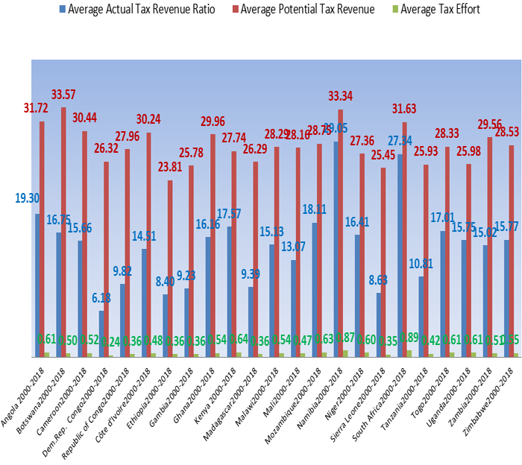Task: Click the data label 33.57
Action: (64, 95)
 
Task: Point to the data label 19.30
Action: (28, 198)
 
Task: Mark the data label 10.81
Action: (422, 263)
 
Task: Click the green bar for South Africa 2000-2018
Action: (409, 353)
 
